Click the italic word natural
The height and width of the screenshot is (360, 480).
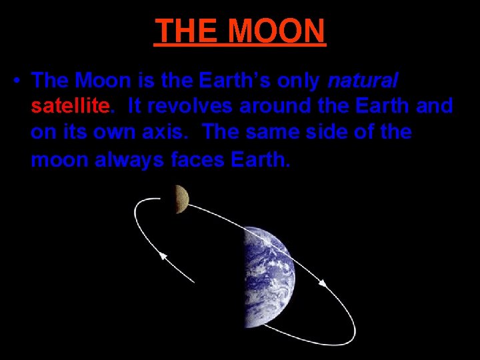[363, 81]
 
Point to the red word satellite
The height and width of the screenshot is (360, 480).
[69, 106]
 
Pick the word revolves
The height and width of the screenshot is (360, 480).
[199, 106]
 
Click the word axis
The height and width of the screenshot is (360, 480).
[171, 131]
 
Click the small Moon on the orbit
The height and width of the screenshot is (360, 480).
[181, 199]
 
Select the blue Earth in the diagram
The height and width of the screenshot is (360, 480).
[267, 276]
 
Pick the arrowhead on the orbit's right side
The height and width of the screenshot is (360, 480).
[322, 283]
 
